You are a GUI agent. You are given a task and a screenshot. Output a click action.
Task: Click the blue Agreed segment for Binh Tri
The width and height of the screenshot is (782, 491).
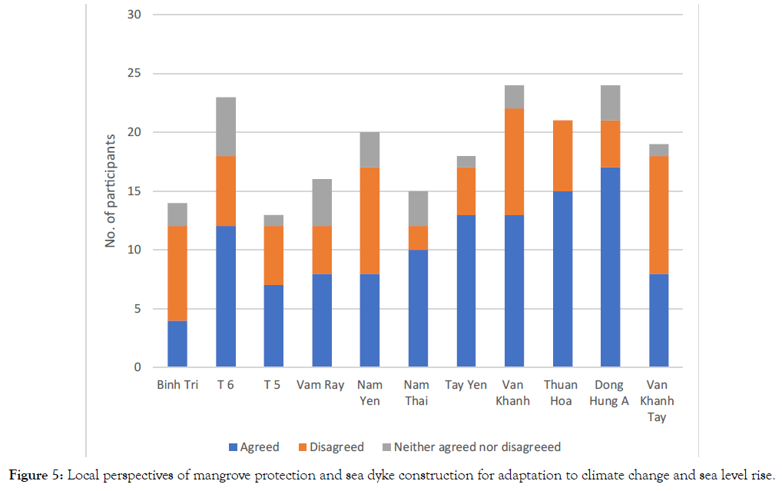pos(177,343)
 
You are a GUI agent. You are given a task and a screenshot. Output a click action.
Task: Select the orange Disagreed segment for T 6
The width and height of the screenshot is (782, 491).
pos(225,191)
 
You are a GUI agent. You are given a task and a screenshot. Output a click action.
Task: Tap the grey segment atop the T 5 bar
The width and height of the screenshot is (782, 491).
pos(273,221)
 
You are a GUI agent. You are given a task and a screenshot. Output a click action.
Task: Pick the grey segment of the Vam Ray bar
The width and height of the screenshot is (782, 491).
pos(321,203)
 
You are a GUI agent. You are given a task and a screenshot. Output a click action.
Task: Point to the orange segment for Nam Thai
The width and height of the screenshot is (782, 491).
pos(417,237)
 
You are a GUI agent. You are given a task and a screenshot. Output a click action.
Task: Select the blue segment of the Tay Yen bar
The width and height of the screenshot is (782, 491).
pos(466,290)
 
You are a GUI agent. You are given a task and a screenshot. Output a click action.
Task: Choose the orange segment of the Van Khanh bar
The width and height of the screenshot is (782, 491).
pos(513,162)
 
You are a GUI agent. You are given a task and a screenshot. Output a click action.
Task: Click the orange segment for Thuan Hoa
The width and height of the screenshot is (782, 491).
pos(562,156)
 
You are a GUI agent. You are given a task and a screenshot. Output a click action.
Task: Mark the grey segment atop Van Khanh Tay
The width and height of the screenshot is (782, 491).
pos(658,150)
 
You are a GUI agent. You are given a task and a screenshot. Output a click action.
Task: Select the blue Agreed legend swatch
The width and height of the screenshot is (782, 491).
pos(233,447)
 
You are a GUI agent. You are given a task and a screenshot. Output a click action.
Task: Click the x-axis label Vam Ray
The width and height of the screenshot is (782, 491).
pos(321,385)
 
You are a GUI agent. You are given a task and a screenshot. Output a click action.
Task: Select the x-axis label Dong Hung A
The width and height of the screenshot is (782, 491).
pos(609,393)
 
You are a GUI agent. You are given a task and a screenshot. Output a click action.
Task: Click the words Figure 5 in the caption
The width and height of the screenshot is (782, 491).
pos(36,476)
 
